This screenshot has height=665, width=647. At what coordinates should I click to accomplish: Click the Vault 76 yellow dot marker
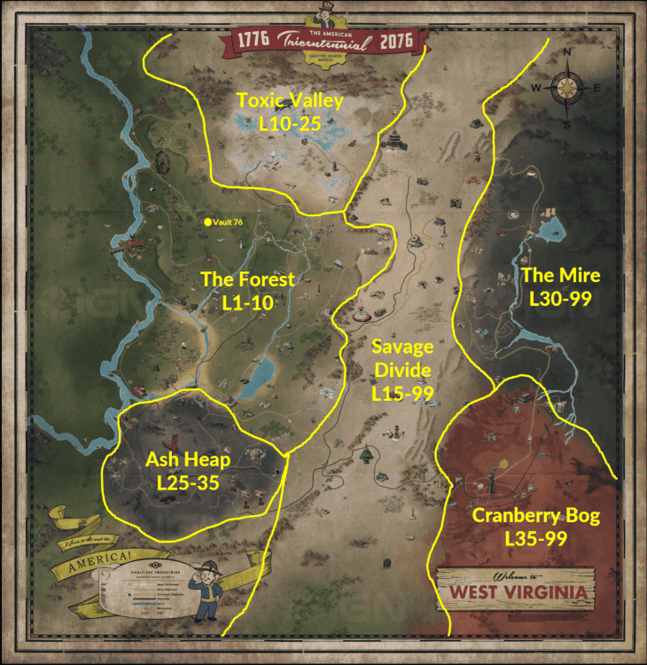[207, 222]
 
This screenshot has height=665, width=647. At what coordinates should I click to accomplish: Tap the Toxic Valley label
[290, 101]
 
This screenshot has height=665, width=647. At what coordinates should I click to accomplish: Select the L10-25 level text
[290, 125]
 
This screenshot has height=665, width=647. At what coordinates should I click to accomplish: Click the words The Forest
[247, 280]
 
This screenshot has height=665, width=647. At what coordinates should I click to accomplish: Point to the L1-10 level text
[247, 302]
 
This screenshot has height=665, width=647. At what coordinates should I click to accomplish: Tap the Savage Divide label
[401, 357]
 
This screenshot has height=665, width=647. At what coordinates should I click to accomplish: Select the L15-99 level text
[401, 391]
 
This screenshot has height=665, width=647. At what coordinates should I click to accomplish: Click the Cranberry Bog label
[535, 515]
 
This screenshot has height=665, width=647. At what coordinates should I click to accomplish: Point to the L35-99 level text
[535, 538]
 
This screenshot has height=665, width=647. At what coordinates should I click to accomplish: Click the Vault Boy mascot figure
[207, 589]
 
